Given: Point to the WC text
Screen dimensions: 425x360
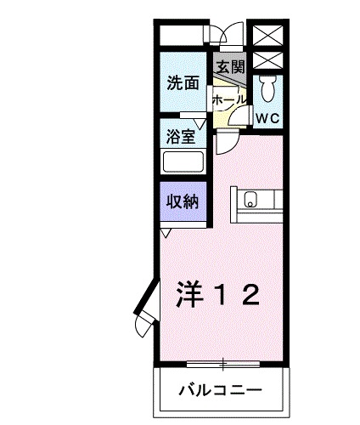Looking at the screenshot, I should click(x=268, y=117).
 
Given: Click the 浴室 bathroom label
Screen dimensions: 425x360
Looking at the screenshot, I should click(x=180, y=134).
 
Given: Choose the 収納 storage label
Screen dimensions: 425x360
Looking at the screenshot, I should click(x=182, y=201).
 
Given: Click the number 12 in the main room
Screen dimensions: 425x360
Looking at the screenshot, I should click(x=238, y=294).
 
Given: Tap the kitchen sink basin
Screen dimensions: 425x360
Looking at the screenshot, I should click(x=250, y=201).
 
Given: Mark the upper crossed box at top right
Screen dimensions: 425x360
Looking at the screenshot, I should click(x=267, y=36).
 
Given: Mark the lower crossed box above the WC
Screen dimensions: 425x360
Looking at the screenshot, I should click(x=267, y=60).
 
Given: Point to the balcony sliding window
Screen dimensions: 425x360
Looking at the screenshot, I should click(x=224, y=364).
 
